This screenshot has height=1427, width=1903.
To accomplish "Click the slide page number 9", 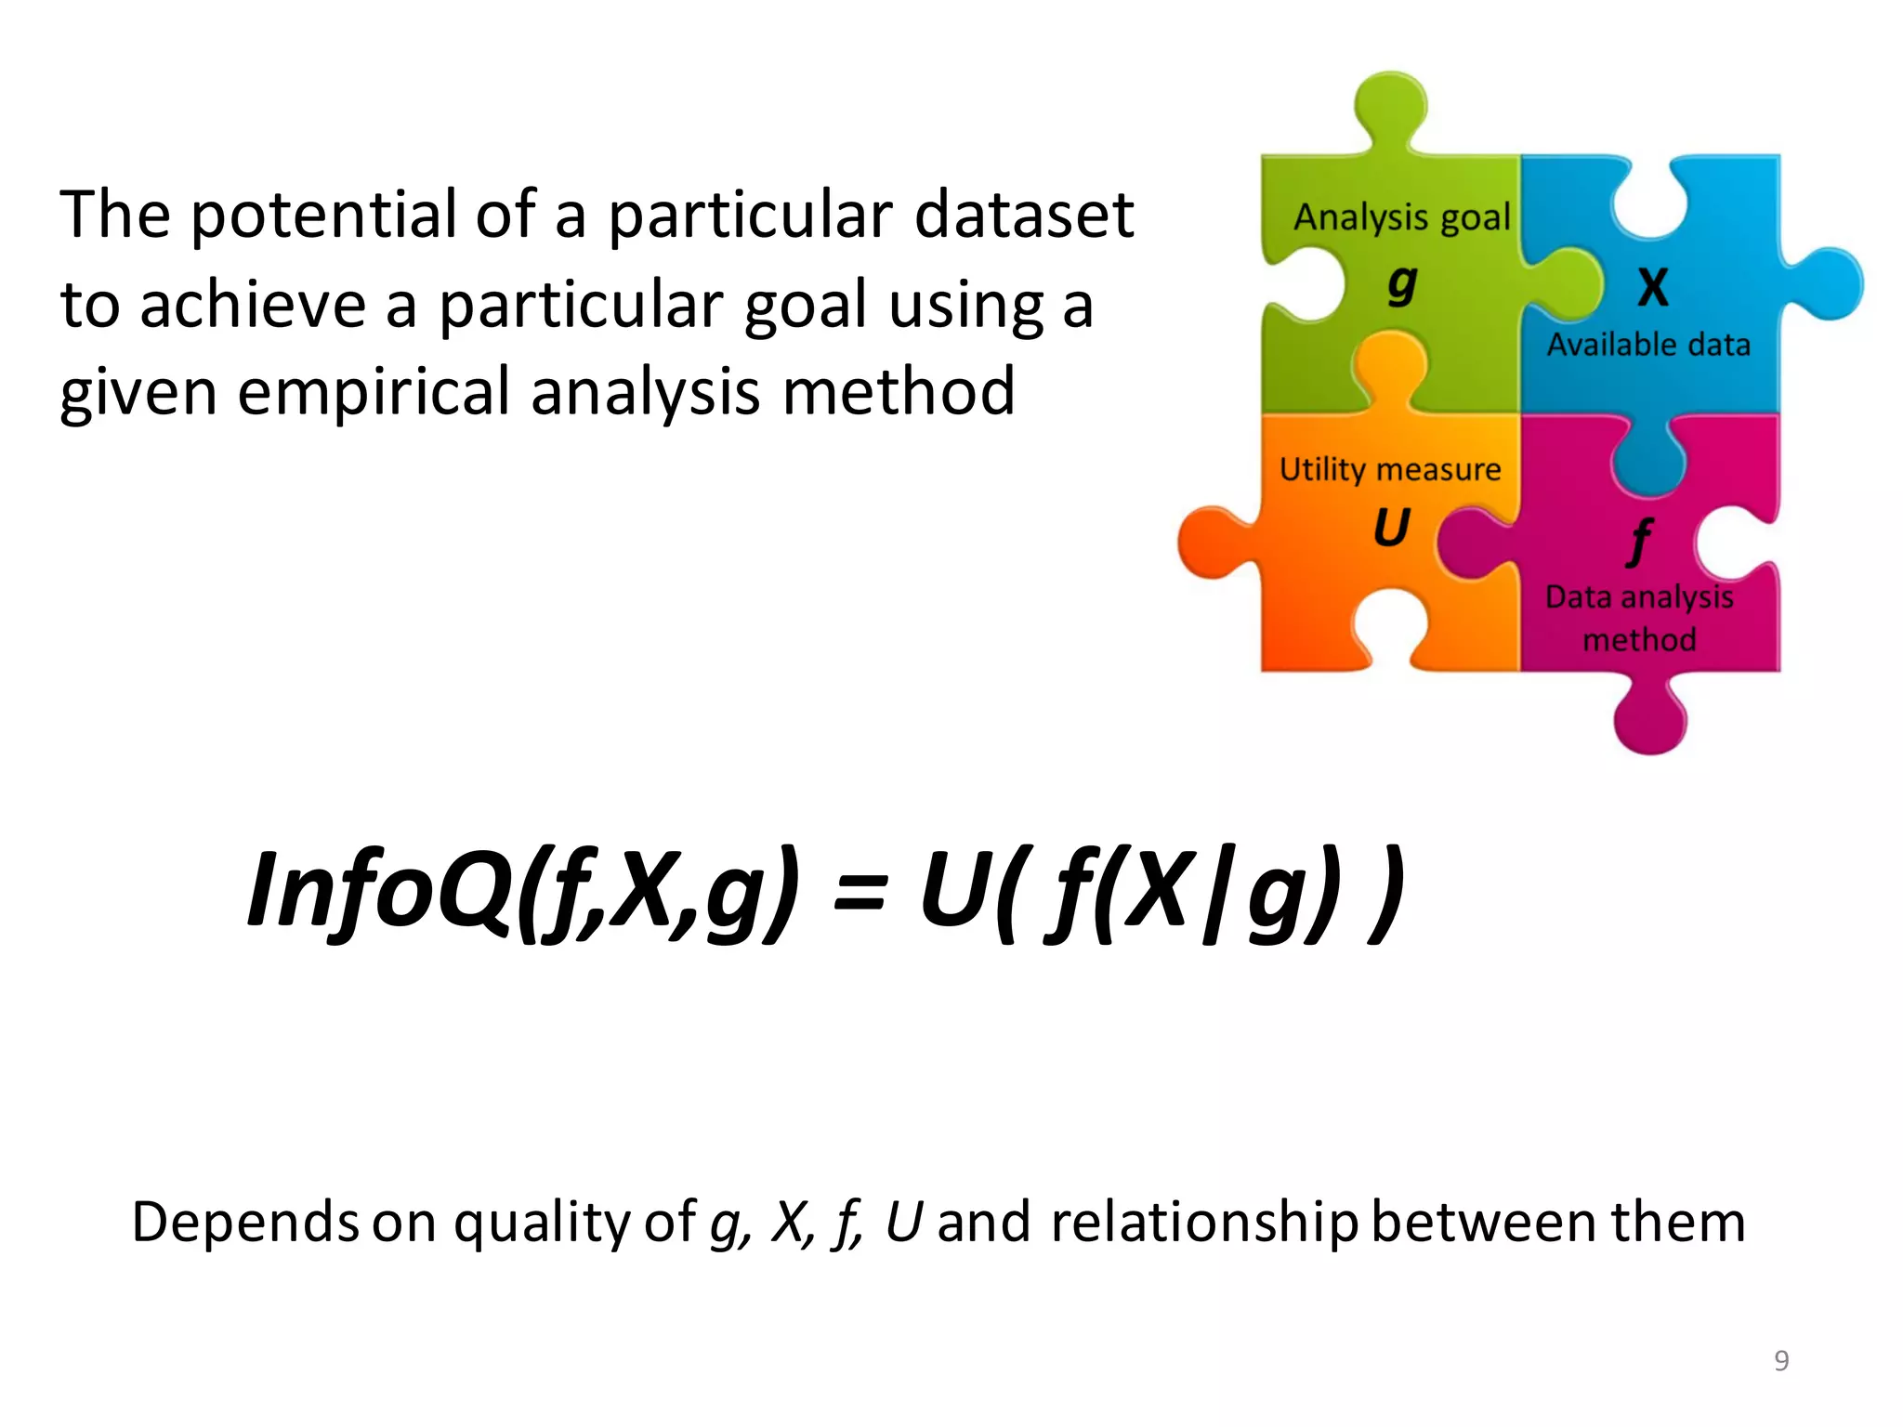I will [x=1781, y=1360].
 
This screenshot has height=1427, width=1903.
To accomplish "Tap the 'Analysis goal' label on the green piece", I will [x=1401, y=217].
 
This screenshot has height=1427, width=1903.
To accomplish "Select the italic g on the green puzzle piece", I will [x=1402, y=283].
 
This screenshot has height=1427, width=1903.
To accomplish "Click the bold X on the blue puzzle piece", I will [x=1653, y=287].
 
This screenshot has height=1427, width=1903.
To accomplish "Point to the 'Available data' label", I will [x=1648, y=345].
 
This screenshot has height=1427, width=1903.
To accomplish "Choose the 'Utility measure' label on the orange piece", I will [x=1390, y=469].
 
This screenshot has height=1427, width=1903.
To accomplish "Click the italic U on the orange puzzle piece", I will [x=1391, y=528].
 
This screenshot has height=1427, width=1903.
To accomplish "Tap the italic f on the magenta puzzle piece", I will [x=1641, y=541].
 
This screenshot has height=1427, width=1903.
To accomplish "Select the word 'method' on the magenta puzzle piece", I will [x=1639, y=639].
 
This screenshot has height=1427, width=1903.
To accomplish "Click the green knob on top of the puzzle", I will [x=1389, y=107].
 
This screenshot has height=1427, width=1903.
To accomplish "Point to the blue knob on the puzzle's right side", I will [x=1828, y=282].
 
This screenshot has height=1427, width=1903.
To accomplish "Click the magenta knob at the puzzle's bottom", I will [x=1649, y=720].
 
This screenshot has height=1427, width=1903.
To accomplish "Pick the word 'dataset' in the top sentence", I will [x=1024, y=215].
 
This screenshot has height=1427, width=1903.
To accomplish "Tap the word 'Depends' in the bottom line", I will [x=245, y=1222].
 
